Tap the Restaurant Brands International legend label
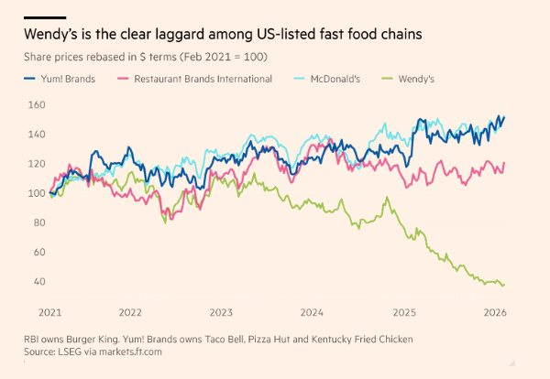(203, 79)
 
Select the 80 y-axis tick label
(36, 222)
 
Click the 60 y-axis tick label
(36, 252)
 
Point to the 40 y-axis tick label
(36, 281)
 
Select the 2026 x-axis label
(493, 311)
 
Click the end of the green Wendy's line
(503, 285)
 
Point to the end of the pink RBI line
(504, 163)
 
